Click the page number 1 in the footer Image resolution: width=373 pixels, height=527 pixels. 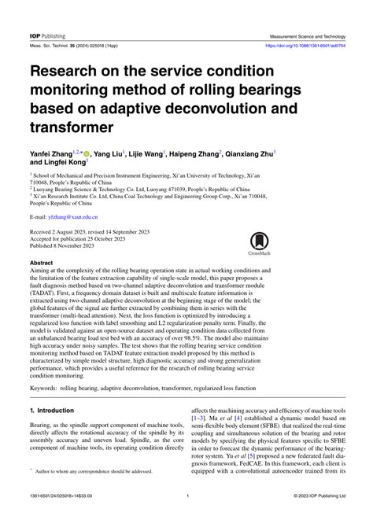click(x=186, y=516)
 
